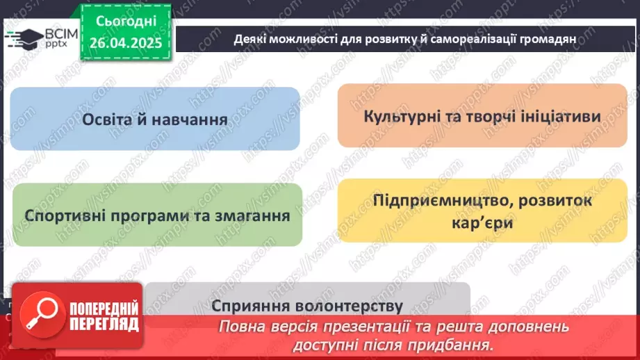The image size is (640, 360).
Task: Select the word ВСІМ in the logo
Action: coord(56,32)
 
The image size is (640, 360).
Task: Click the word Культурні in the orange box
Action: coord(402,115)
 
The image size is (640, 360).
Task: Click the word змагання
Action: coord(252,215)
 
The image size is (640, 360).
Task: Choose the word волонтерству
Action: coord(346,306)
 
